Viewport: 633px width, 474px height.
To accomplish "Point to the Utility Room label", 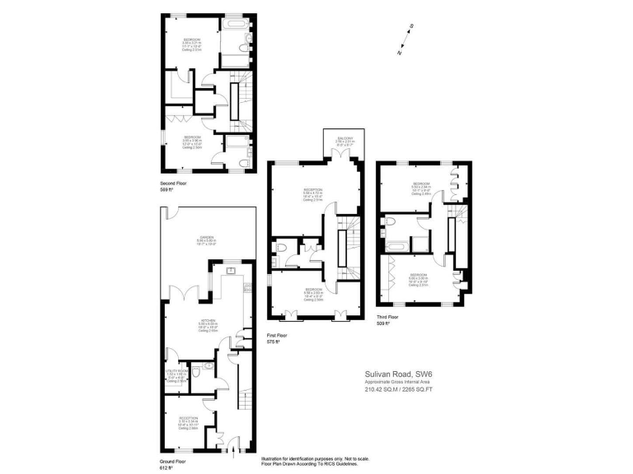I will [x=176, y=372].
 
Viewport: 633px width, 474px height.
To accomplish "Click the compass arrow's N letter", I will [x=399, y=53].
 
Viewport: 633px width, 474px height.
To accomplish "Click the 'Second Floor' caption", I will [x=175, y=184].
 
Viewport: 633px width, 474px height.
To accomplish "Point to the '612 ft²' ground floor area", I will [x=166, y=468].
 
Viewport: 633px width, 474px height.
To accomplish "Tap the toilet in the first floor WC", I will [x=283, y=248].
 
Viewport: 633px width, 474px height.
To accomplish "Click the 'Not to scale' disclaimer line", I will [x=315, y=459].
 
